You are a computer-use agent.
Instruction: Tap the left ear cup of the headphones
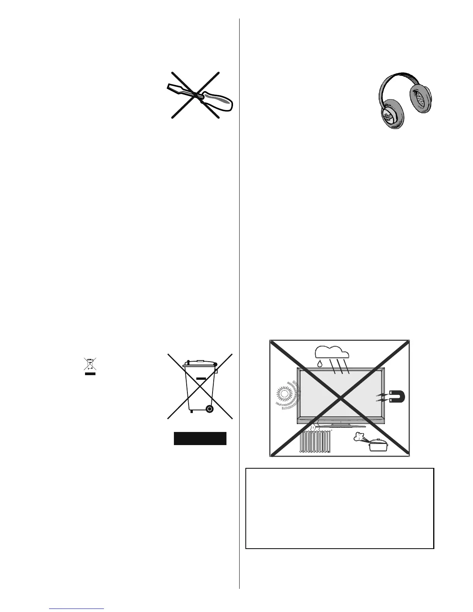point(390,113)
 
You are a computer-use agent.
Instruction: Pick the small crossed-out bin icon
point(90,365)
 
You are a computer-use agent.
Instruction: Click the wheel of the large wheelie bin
point(209,408)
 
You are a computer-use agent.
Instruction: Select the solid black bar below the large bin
point(200,439)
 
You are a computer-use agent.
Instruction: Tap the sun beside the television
point(285,394)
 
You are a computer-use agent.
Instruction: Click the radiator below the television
point(315,442)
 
